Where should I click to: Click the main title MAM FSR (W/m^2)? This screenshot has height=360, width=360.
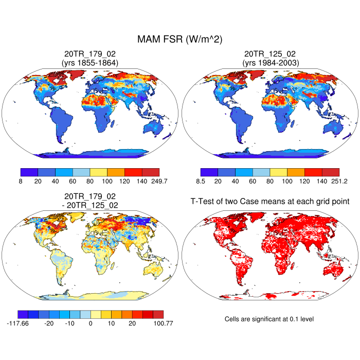click(179, 40)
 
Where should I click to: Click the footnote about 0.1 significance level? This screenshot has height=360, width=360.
click(269, 319)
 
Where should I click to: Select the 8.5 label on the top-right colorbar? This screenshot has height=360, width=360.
click(201, 182)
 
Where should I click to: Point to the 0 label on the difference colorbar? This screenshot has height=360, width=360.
click(91, 325)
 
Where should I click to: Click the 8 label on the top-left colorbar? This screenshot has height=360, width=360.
click(21, 182)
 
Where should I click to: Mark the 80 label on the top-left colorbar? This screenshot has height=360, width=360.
click(90, 182)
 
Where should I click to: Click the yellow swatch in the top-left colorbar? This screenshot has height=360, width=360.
click(99, 172)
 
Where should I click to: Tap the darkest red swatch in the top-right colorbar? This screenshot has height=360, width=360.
click(331, 172)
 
